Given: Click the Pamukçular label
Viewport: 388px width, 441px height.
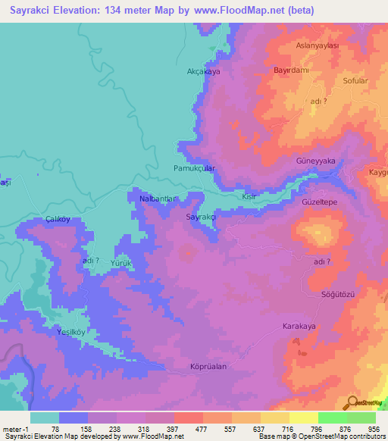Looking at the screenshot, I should point(195,167).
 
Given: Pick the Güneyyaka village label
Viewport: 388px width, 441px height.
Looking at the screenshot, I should point(315,161).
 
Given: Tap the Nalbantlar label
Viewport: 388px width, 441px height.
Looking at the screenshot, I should point(158,199).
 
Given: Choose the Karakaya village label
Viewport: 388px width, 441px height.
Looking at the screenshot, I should point(299,326).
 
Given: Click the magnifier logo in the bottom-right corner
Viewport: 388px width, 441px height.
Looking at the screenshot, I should point(353,402).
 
